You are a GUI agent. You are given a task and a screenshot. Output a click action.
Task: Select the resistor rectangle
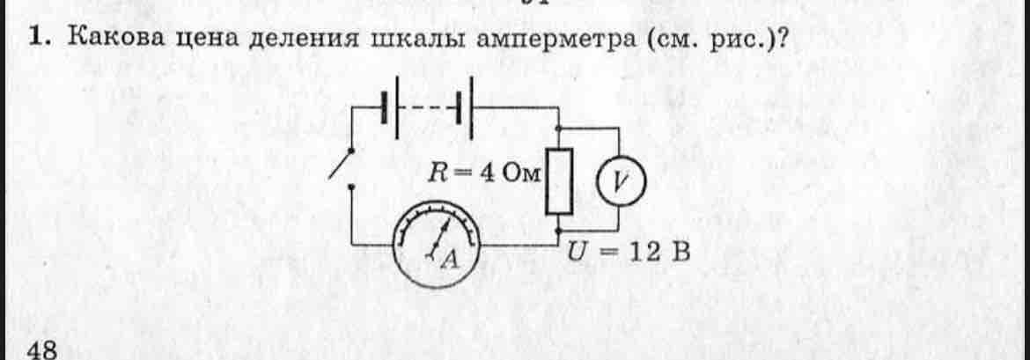tap(559, 181)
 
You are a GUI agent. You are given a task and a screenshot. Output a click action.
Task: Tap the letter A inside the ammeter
tap(451, 261)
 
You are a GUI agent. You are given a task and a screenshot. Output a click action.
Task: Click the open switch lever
tap(341, 164)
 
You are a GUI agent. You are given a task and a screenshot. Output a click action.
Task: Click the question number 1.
tap(39, 39)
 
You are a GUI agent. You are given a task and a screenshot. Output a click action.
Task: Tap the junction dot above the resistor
tap(559, 128)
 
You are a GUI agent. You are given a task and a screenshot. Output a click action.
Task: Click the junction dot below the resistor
tap(559, 231)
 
